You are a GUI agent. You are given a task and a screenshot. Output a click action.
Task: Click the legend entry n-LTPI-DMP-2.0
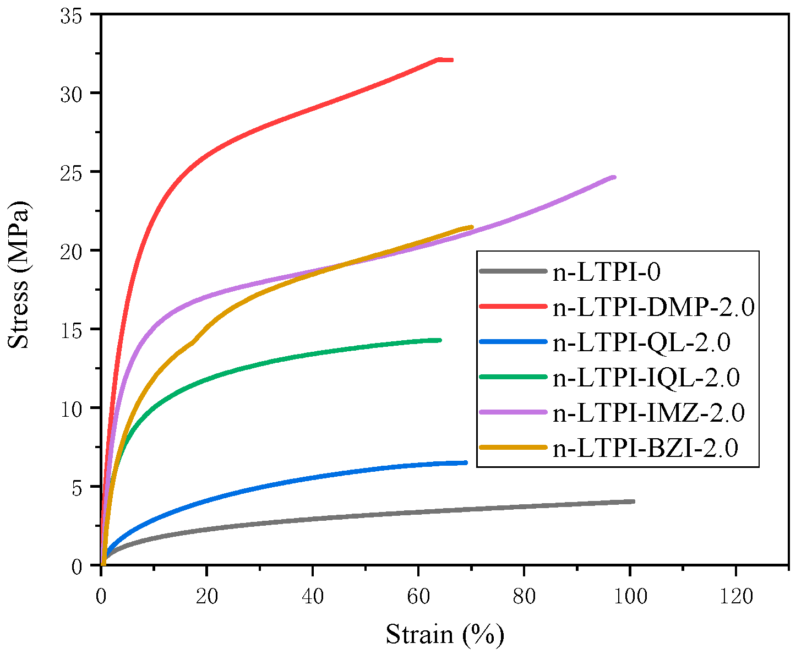[653, 308]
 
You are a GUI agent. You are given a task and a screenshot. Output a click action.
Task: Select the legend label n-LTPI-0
[606, 272]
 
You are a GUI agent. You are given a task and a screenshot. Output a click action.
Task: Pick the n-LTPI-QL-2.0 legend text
[641, 342]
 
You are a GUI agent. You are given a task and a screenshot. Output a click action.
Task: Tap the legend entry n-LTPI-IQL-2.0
[646, 378]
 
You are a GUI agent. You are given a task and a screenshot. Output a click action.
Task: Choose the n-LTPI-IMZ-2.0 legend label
[648, 413]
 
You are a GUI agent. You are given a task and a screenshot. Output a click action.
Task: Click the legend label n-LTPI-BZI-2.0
[645, 448]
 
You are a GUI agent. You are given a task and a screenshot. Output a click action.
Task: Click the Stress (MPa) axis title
[20, 274]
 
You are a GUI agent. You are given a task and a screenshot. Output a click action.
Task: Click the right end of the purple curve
[614, 177]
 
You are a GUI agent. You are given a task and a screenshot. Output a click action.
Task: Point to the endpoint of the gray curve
[633, 502]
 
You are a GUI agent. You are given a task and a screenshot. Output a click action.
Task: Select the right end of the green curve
[440, 340]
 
